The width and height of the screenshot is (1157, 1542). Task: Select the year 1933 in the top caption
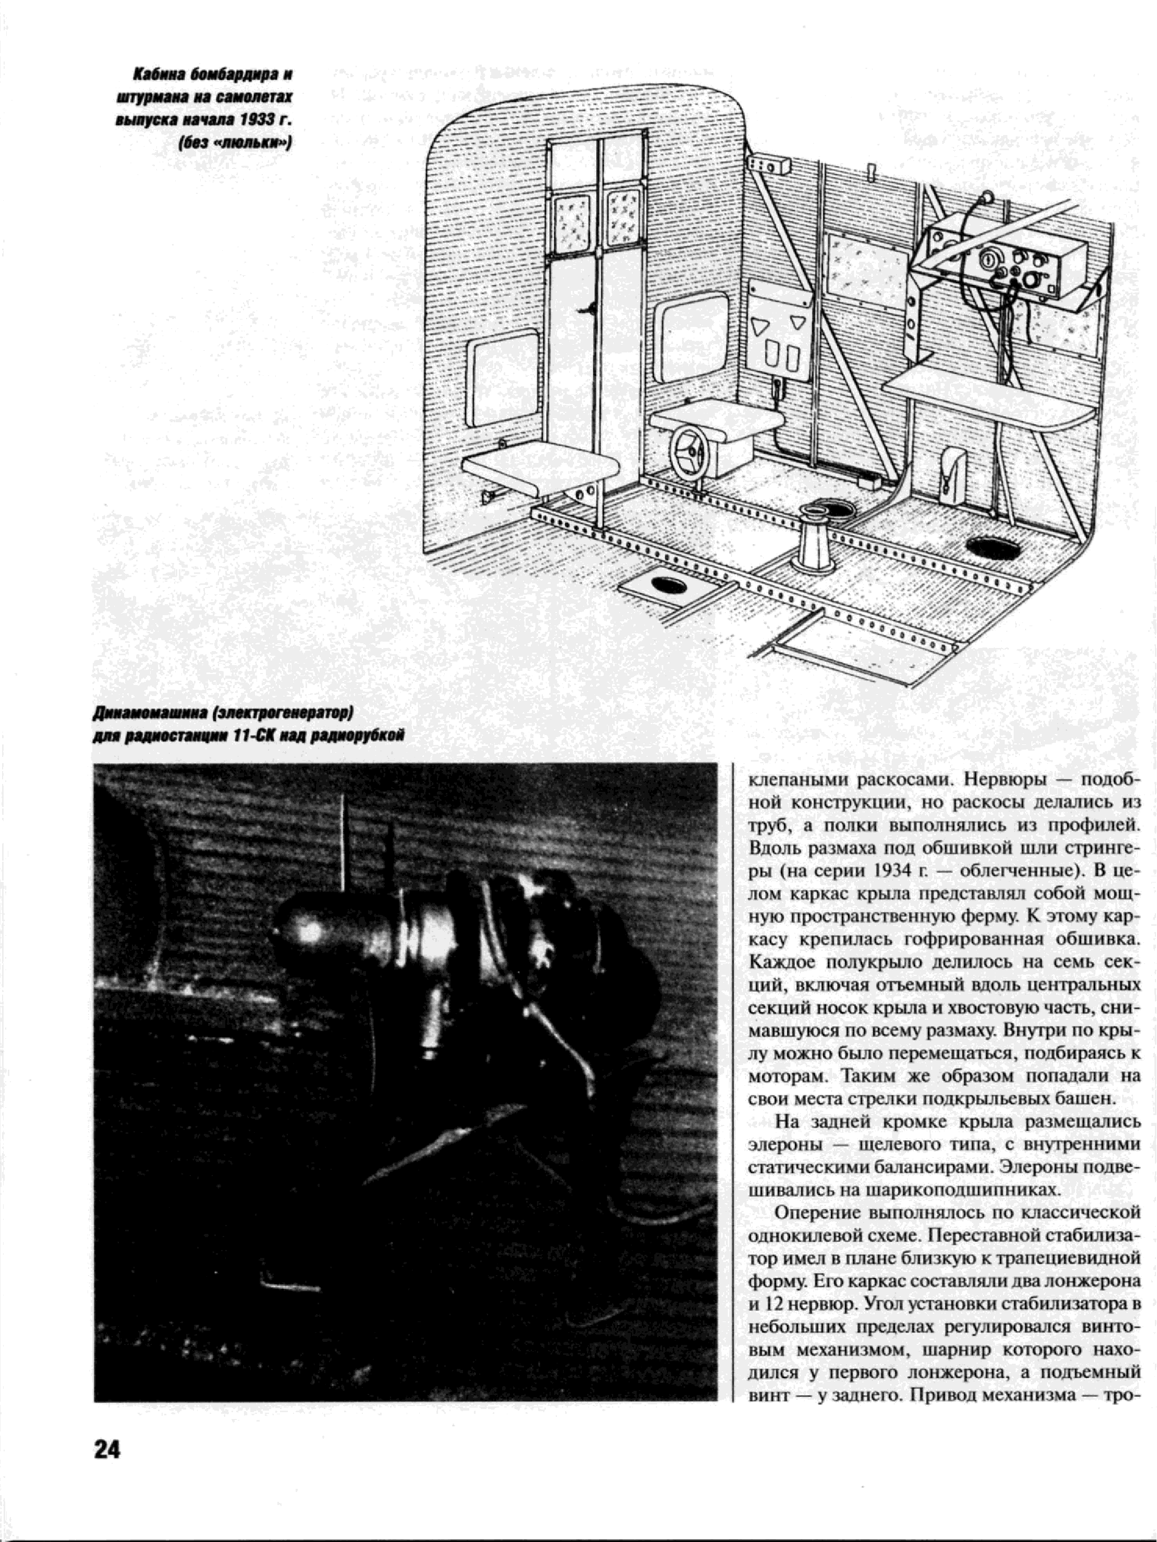(x=258, y=119)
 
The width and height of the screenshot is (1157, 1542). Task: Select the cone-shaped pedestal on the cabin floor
(x=814, y=539)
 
